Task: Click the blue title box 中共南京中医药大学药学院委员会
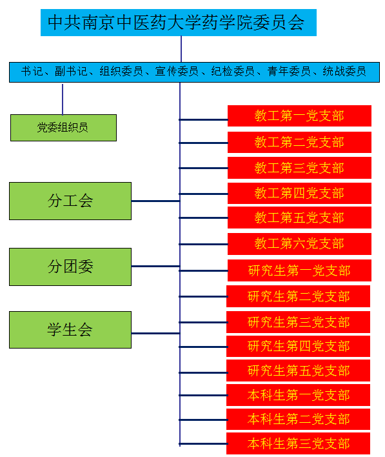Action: click(x=178, y=23)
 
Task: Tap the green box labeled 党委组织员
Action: click(x=63, y=128)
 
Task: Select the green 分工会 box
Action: click(x=70, y=201)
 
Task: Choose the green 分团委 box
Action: click(x=70, y=267)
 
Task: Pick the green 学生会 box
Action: click(x=70, y=330)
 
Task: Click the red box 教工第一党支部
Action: click(x=299, y=116)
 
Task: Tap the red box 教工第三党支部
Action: click(x=299, y=168)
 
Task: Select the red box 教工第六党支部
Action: click(x=299, y=243)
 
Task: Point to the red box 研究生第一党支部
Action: click(x=299, y=270)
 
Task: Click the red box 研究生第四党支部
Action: click(x=298, y=346)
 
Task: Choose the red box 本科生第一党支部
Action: click(x=298, y=395)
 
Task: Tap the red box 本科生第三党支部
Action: click(x=298, y=443)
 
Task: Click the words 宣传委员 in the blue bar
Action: click(x=177, y=72)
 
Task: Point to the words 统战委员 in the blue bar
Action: click(x=344, y=72)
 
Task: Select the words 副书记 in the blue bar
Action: click(x=71, y=72)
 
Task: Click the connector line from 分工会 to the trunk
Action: click(x=155, y=201)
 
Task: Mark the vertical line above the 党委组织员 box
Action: click(x=63, y=99)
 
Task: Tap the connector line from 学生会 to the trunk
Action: click(x=155, y=333)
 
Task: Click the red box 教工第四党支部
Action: click(x=299, y=193)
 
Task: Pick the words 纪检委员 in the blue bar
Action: click(x=233, y=72)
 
